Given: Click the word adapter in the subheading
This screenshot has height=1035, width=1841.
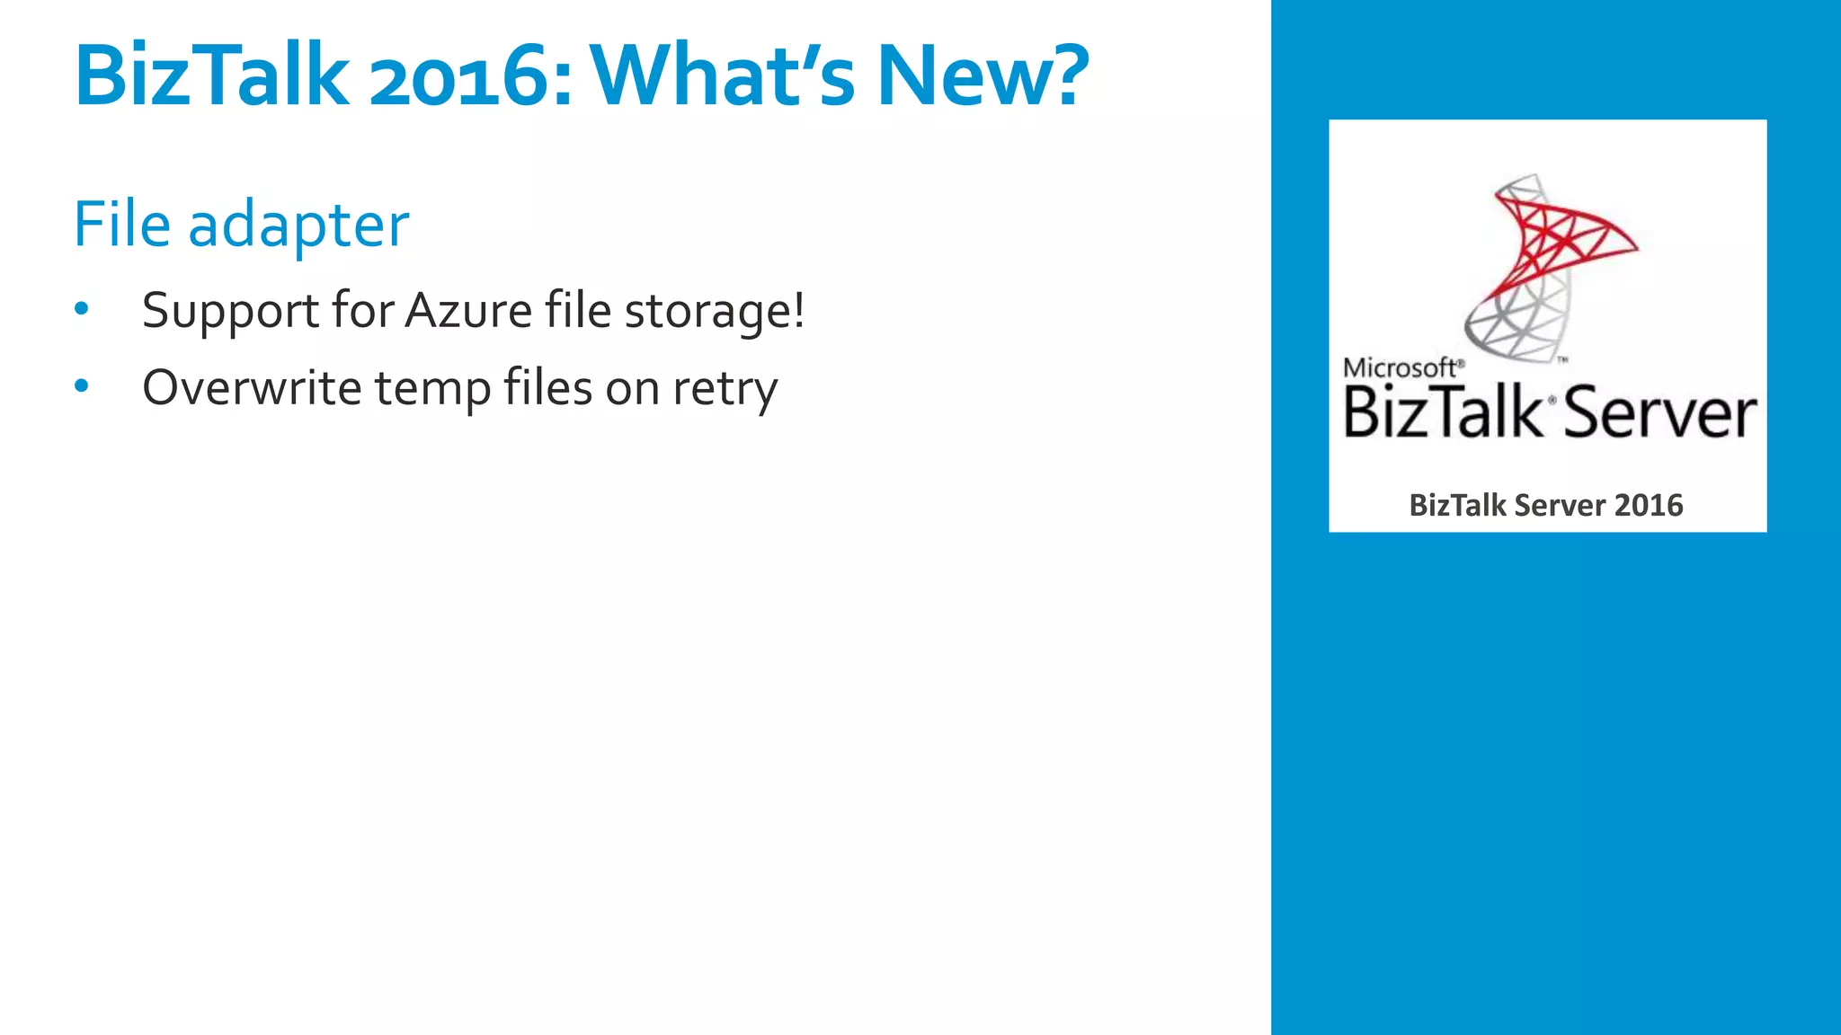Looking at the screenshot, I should coord(298,226).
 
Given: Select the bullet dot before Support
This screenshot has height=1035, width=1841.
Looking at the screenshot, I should coord(82,309).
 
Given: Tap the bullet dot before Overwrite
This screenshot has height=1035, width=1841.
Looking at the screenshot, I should coord(82,386).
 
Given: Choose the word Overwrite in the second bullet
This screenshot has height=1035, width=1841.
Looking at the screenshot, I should coord(252,388).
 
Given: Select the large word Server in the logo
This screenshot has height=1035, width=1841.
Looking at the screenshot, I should coord(1659,414).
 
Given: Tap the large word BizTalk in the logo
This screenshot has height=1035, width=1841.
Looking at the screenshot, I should coord(1443,412).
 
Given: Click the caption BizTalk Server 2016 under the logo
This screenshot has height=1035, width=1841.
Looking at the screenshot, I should coord(1546,505).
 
